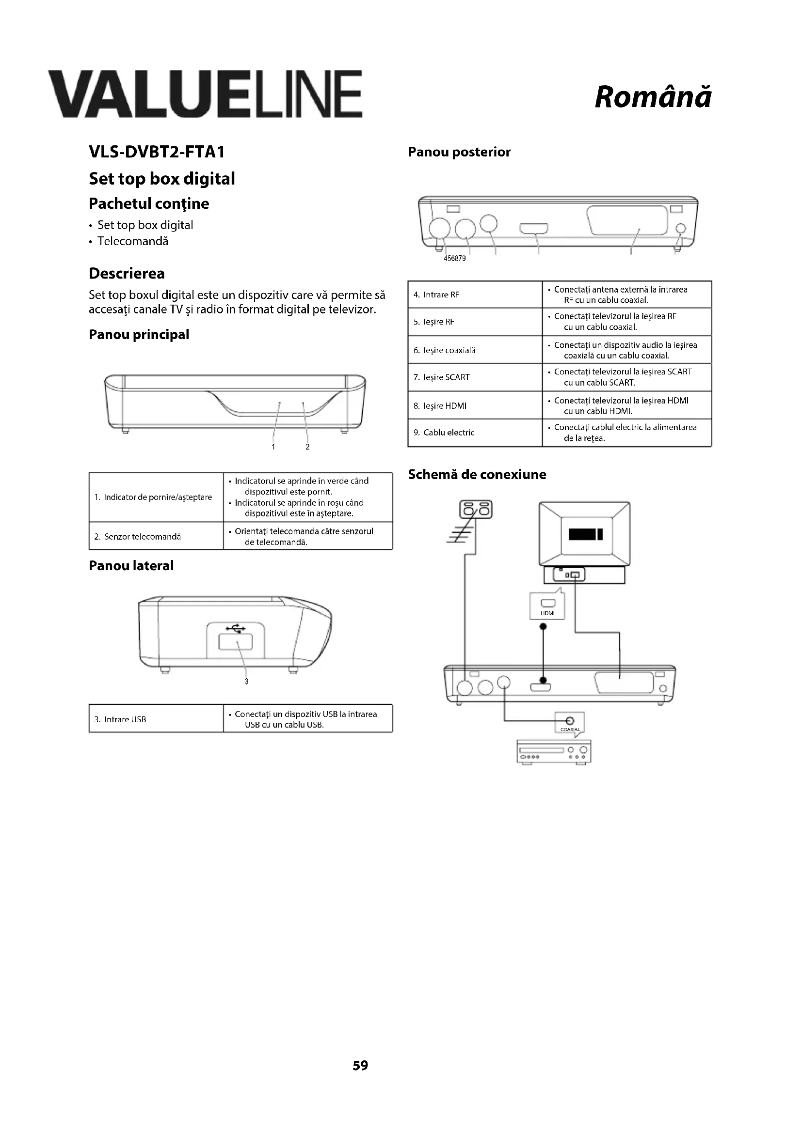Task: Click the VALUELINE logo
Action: [206, 94]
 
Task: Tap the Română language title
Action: [653, 97]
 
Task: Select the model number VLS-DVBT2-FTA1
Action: [157, 152]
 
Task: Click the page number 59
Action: [360, 1065]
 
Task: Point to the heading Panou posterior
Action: [459, 152]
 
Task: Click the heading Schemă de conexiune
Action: [477, 475]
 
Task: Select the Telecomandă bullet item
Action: [132, 241]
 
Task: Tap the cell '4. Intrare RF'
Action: [475, 295]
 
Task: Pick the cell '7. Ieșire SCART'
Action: [475, 377]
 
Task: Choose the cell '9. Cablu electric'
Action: [475, 433]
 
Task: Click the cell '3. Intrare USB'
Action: [156, 719]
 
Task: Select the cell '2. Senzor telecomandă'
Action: [156, 536]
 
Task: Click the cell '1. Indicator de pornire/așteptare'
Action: [156, 497]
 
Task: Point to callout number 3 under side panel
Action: [246, 682]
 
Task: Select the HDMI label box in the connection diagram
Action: [547, 606]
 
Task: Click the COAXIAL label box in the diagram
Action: [569, 724]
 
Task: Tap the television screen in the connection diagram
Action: [585, 534]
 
